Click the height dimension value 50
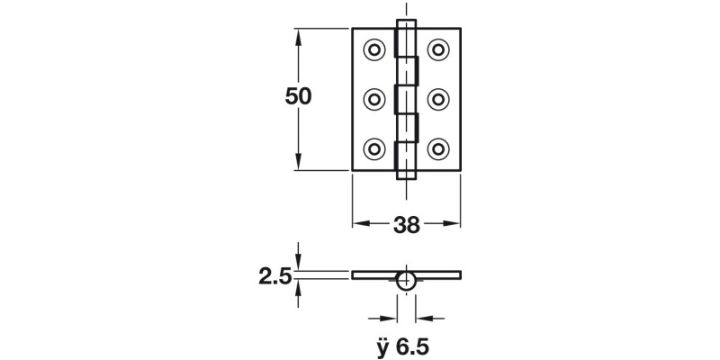coord(298,97)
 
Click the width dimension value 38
coord(407,225)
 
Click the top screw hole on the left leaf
coord(374,48)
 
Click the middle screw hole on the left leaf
coord(374,98)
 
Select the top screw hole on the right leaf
coord(438,48)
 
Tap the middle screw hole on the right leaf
coord(438,98)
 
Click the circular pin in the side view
coord(407,280)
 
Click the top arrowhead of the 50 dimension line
coord(298,35)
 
